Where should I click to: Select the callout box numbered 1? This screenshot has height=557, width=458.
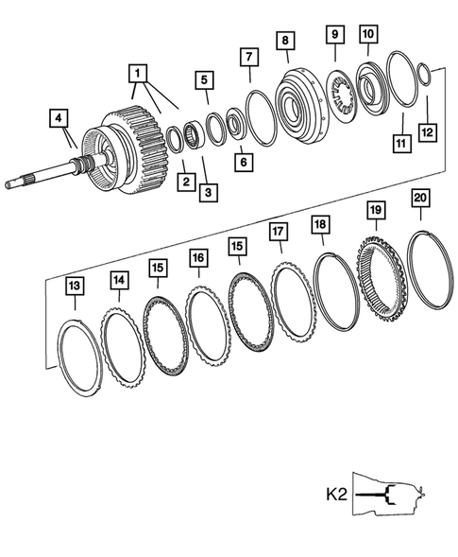point(139,72)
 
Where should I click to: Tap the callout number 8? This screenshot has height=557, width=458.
point(282,42)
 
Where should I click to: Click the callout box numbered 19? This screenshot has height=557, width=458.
point(376,210)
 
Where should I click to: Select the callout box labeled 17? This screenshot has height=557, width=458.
point(278,231)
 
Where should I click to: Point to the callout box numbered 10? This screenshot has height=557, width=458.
point(368,35)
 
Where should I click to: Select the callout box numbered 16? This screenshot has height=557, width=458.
point(197,257)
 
